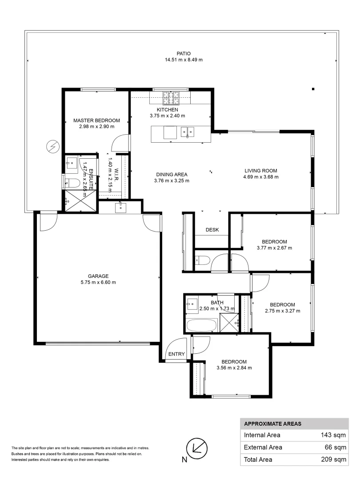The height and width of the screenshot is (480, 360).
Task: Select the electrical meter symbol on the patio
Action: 52,146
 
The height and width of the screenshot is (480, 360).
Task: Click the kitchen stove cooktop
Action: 170,97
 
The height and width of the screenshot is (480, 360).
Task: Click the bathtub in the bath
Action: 201,325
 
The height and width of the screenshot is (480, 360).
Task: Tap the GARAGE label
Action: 98,276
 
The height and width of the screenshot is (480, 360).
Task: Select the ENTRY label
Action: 176,354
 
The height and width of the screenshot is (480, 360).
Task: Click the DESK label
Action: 212,230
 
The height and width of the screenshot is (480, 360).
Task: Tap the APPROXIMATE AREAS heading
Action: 272,424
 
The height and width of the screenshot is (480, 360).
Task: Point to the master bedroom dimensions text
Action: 96,127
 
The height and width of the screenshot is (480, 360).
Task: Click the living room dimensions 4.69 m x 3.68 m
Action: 261,177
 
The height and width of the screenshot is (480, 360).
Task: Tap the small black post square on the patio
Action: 313,89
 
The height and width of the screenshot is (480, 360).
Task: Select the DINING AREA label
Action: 172,174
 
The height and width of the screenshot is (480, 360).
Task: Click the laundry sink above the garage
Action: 120,208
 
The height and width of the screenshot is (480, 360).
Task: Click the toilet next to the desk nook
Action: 201,260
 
